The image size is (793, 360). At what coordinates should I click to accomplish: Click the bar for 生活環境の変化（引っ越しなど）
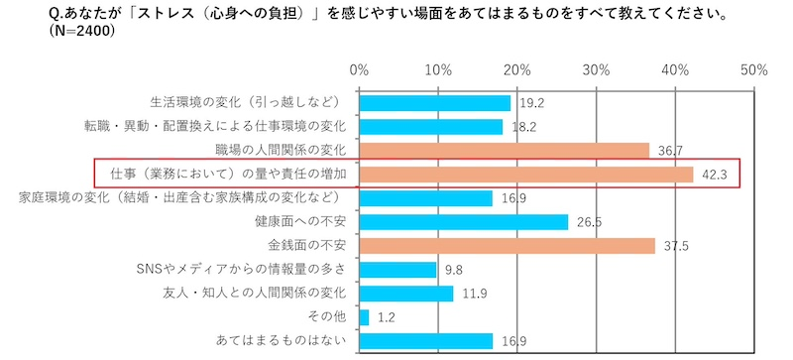(x=434, y=103)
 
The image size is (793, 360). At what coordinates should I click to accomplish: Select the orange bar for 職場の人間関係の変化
(x=504, y=151)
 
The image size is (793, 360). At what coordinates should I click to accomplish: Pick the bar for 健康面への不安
(x=463, y=222)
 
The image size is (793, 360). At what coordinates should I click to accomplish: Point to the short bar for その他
(x=364, y=317)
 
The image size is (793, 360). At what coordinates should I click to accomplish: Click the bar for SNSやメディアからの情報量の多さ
(x=397, y=270)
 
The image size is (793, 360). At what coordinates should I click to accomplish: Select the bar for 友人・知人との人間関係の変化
(x=405, y=294)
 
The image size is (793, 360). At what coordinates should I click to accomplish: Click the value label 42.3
(x=713, y=176)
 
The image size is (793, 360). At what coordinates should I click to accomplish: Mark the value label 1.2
(x=387, y=318)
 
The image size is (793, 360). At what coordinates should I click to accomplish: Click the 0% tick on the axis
(x=359, y=70)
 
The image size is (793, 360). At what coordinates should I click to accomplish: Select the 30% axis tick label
(x=596, y=70)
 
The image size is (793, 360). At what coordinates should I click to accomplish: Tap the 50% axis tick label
(x=753, y=70)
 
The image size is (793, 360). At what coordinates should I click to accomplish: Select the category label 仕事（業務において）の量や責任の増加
(x=228, y=175)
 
